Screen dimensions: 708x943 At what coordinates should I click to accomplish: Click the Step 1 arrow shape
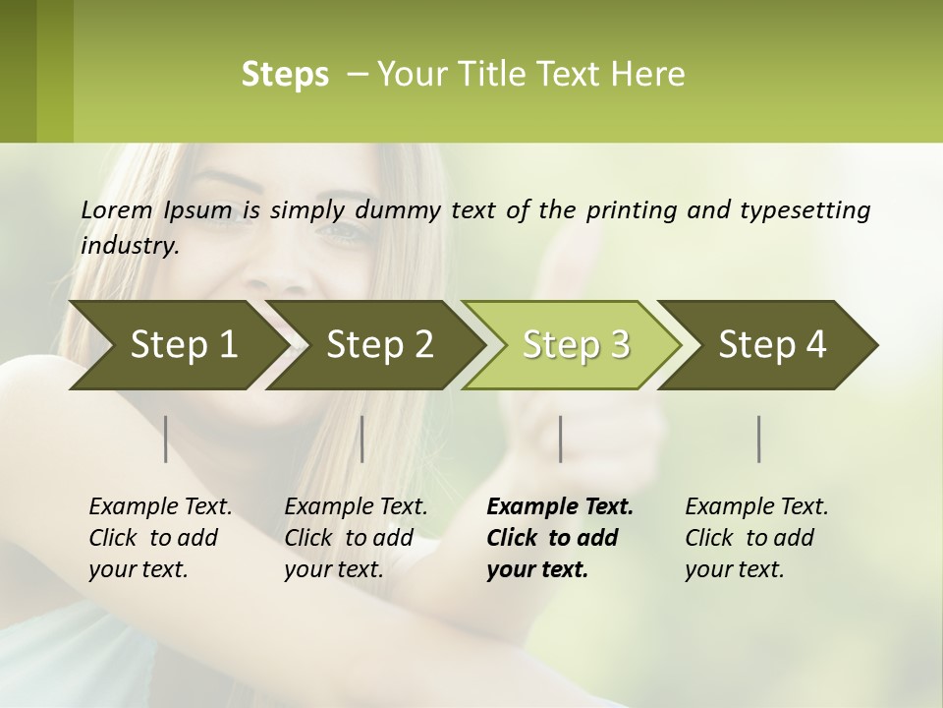tap(177, 344)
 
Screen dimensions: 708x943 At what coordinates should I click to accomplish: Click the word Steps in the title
tap(285, 74)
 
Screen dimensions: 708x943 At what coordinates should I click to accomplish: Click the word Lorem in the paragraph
tap(116, 209)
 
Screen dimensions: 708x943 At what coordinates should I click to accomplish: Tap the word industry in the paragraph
tap(129, 245)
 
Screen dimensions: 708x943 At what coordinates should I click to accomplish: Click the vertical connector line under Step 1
tap(166, 439)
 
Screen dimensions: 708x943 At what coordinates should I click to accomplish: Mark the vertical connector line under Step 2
tap(362, 439)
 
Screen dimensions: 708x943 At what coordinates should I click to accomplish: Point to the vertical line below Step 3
tap(560, 439)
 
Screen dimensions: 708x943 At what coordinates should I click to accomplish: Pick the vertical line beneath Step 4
tap(758, 439)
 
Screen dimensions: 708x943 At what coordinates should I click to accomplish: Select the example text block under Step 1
tap(160, 538)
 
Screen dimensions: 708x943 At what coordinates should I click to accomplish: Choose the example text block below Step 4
tap(756, 538)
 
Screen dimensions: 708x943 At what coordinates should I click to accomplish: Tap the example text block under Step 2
tap(356, 538)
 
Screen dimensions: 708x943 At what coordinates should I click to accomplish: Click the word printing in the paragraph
tap(629, 209)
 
